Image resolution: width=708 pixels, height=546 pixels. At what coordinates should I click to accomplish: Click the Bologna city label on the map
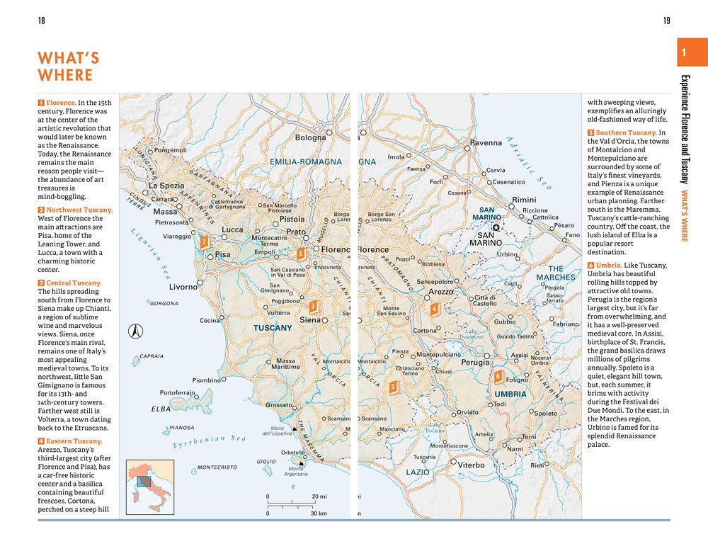[310, 138]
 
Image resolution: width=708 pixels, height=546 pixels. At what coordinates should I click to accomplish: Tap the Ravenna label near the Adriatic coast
[486, 143]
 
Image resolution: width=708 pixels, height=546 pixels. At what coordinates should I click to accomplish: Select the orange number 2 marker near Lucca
[204, 242]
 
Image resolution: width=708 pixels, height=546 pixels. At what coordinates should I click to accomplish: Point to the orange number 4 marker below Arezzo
[434, 309]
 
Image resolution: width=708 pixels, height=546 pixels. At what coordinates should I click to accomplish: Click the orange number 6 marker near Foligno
[498, 376]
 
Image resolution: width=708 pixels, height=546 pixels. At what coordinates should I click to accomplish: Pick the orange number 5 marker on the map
[393, 387]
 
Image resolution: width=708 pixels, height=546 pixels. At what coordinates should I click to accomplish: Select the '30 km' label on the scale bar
[319, 513]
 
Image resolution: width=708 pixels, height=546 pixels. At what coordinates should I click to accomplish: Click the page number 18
[42, 21]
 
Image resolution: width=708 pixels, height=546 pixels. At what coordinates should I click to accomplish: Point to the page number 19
[666, 21]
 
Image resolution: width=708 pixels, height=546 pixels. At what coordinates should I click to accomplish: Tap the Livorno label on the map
[183, 288]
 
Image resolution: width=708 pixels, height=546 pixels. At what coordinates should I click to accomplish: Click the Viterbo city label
[471, 465]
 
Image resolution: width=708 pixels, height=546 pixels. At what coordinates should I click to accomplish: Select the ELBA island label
[161, 409]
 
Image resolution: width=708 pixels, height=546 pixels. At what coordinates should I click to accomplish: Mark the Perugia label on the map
[475, 363]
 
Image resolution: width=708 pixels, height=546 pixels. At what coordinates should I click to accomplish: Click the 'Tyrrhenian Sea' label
[209, 443]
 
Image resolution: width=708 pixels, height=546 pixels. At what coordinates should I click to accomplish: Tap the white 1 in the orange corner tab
[683, 53]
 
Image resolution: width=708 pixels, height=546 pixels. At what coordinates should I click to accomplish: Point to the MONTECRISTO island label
[217, 468]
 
